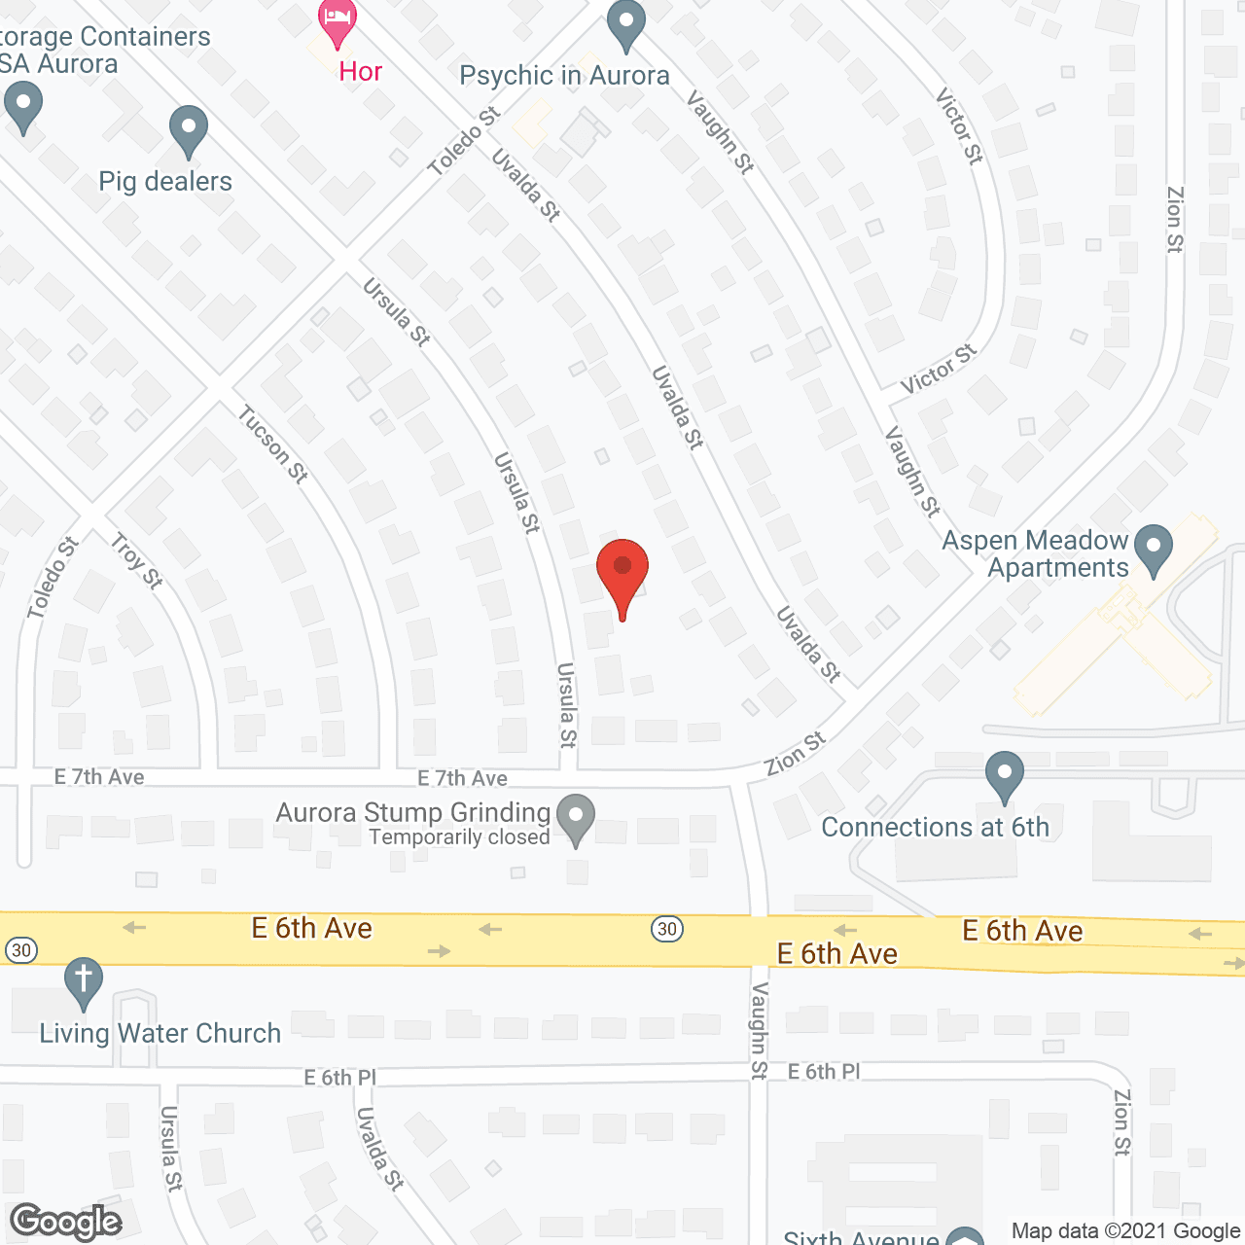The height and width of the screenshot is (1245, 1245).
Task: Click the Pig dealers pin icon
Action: (x=189, y=129)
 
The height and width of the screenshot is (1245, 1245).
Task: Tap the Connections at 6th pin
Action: (x=1005, y=775)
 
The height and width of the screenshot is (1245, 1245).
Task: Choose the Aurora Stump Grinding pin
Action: (x=576, y=818)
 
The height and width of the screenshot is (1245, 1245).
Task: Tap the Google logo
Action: (x=66, y=1222)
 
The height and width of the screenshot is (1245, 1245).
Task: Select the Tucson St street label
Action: (x=273, y=445)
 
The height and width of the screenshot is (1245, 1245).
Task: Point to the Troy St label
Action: (x=136, y=561)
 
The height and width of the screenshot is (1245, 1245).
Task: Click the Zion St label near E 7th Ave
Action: (x=795, y=754)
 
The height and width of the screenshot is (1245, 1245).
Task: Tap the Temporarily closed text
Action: (x=459, y=837)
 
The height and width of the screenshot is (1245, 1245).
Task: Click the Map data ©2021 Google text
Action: (x=1125, y=1231)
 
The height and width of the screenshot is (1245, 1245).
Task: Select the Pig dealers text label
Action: (x=165, y=182)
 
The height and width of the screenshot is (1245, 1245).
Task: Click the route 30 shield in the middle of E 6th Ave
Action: (x=667, y=929)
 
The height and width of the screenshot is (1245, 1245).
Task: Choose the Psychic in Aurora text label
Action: (x=564, y=76)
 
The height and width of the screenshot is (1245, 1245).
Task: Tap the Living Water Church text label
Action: (x=160, y=1033)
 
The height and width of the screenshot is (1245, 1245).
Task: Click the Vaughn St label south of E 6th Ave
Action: (x=760, y=1031)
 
